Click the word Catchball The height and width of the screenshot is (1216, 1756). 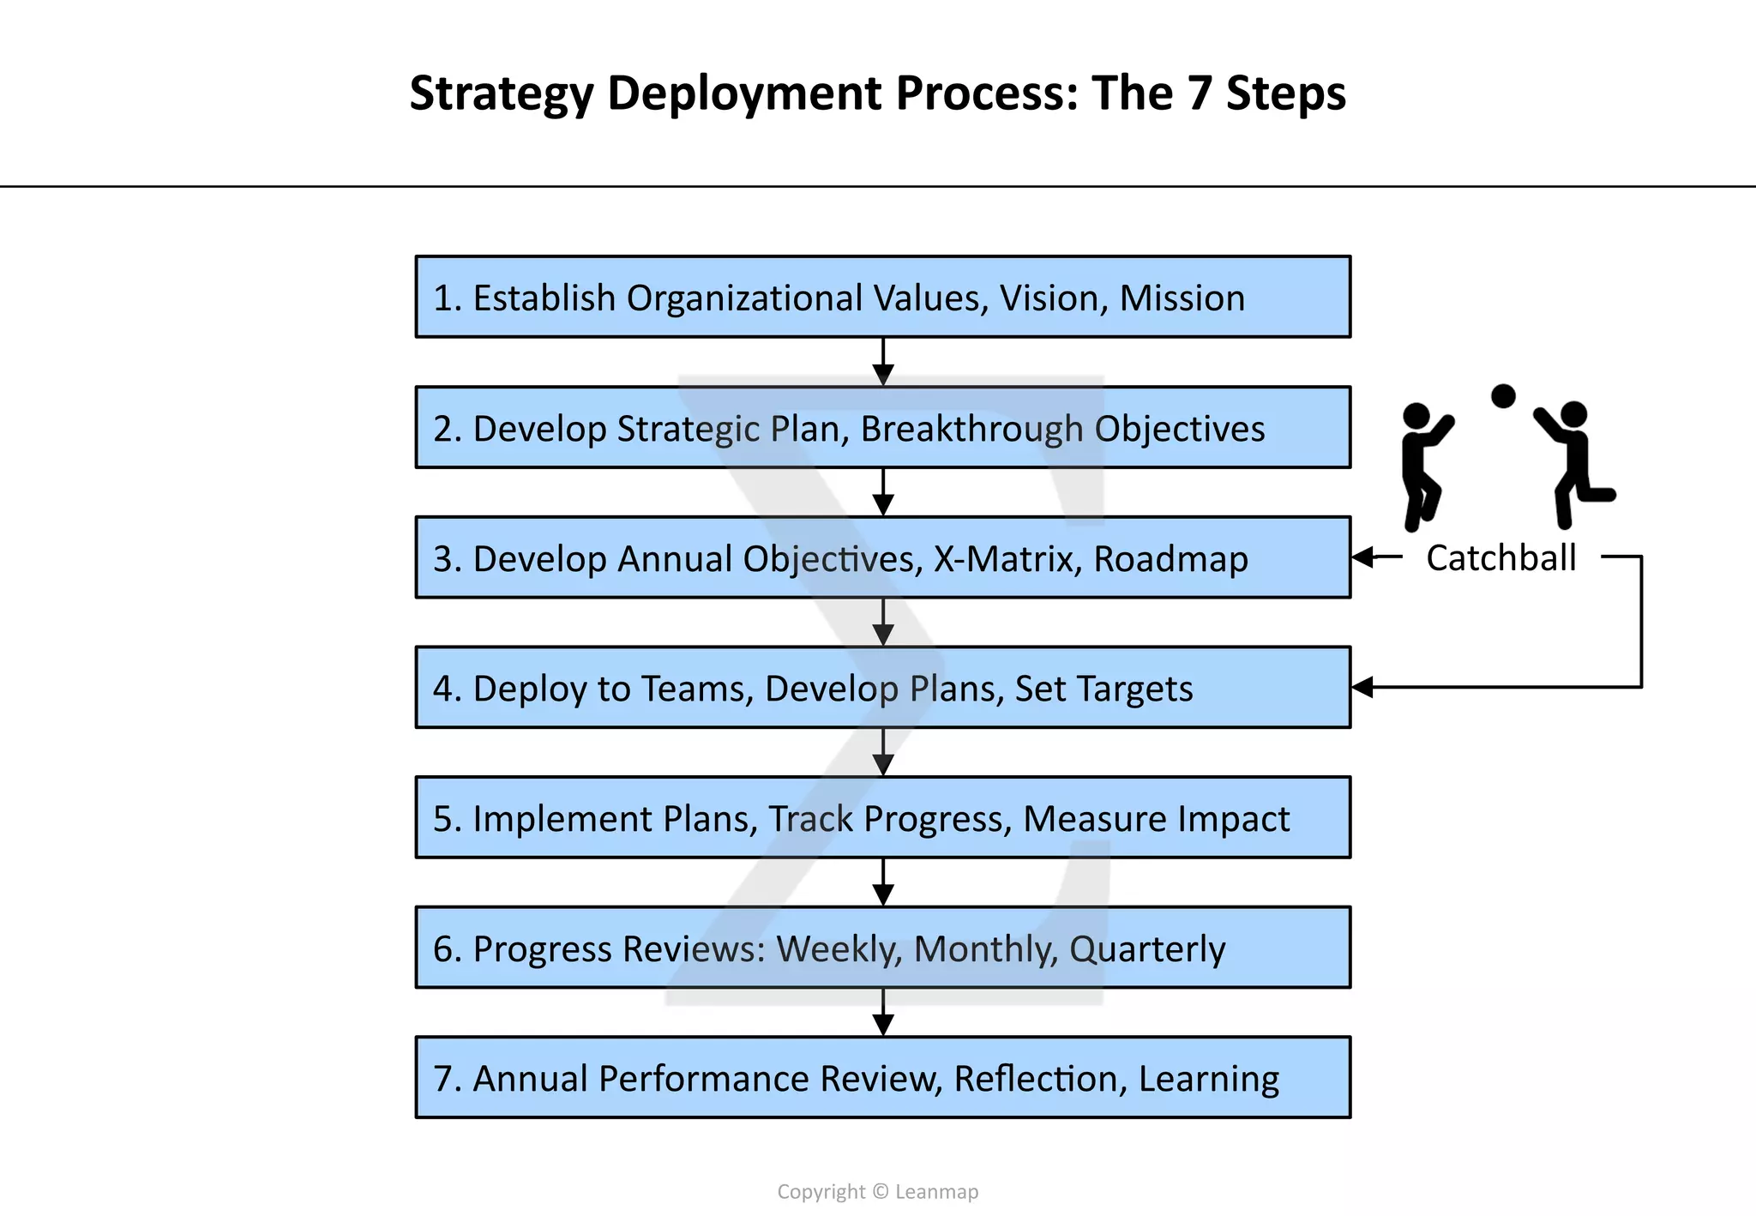coord(1500,558)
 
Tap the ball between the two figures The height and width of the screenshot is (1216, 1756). coord(1503,396)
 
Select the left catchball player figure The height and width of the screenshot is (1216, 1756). coord(1422,464)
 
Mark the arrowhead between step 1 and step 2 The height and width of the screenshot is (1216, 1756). coord(883,375)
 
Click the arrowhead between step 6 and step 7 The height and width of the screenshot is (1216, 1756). coord(883,1025)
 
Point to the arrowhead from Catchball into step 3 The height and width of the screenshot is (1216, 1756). coord(1363,557)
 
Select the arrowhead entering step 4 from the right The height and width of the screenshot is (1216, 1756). coord(1363,687)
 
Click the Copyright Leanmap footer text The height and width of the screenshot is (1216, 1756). coord(877,1192)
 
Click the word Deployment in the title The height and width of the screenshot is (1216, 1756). coord(744,94)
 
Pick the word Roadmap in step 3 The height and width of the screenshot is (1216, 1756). coord(1170,559)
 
